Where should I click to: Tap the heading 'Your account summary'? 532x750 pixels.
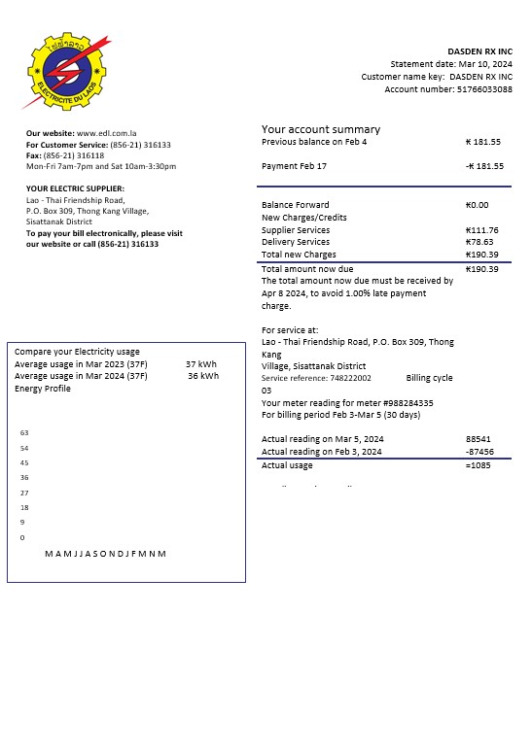321,129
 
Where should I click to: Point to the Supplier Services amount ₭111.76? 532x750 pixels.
482,230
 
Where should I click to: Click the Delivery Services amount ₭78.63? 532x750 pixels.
480,242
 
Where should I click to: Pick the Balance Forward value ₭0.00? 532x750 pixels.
478,205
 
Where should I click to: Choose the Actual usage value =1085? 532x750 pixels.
479,465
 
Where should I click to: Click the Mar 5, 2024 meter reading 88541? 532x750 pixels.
479,439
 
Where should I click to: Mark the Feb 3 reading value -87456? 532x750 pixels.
479,452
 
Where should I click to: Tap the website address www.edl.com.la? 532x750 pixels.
107,133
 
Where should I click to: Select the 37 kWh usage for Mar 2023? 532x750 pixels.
201,364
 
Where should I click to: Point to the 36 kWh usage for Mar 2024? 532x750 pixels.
202,376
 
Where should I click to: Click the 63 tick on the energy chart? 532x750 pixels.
24,432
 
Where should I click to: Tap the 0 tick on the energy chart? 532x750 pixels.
22,537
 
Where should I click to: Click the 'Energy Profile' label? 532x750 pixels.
43,389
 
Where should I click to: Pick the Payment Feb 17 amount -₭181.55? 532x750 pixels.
484,166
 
